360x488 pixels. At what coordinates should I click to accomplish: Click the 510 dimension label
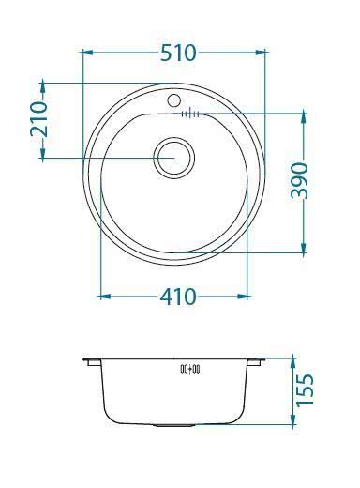tap(177, 53)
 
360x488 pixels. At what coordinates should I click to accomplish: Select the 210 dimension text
tap(39, 120)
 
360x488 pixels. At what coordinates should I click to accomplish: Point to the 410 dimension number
tap(176, 297)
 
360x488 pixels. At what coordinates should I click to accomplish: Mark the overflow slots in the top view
tap(188, 114)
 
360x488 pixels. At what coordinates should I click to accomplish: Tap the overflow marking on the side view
tap(190, 370)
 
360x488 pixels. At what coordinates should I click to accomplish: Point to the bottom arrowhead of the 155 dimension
tap(292, 422)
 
